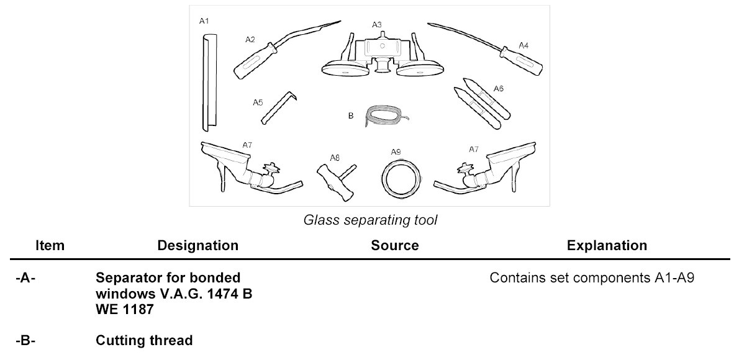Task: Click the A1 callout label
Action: [x=204, y=21]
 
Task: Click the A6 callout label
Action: [x=499, y=89]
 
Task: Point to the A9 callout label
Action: [x=396, y=152]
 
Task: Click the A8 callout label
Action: [x=334, y=158]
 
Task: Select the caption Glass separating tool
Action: [x=369, y=220]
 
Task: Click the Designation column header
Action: [x=197, y=245]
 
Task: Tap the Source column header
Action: [x=394, y=245]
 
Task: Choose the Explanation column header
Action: [x=607, y=245]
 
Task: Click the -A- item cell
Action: [x=25, y=278]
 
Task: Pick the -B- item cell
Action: [x=25, y=340]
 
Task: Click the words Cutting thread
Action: [x=144, y=340]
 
